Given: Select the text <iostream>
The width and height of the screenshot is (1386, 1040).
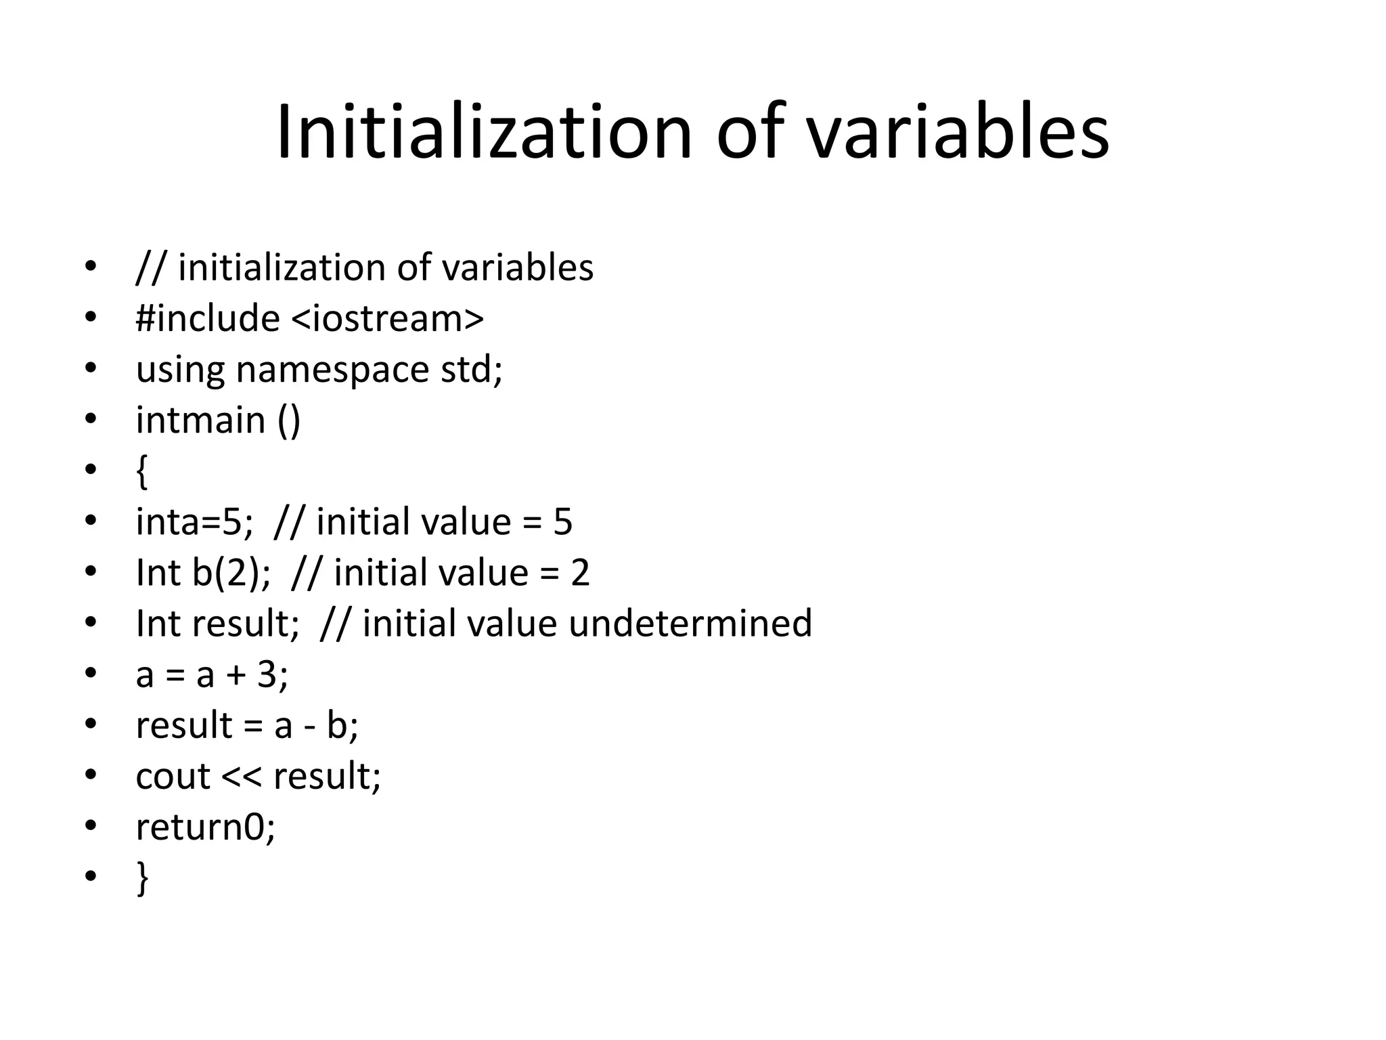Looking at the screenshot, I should (x=388, y=318).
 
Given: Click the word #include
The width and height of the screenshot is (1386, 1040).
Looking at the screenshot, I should (x=208, y=318).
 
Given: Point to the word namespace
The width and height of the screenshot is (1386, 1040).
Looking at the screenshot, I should (x=332, y=370).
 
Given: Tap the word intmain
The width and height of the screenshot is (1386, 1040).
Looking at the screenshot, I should (x=200, y=420).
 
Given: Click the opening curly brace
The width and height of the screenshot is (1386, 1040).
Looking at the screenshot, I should (x=141, y=471).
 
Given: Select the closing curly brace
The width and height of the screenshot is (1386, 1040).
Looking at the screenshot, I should (x=142, y=878).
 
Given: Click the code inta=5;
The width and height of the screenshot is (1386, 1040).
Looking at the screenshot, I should (x=195, y=522).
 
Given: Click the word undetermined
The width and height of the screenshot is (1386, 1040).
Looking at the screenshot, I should (x=690, y=624).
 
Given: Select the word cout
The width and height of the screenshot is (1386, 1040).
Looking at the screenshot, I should (x=173, y=777).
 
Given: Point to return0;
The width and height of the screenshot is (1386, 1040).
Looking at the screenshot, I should (x=206, y=827).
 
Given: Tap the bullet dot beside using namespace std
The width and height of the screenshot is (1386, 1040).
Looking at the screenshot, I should (x=91, y=369).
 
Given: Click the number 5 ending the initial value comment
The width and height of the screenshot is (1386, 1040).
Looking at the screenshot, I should (x=562, y=522).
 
